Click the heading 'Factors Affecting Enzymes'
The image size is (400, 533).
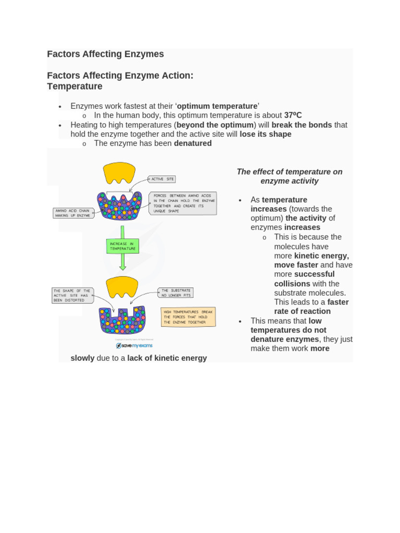point(105,54)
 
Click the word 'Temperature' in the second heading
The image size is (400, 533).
point(74,86)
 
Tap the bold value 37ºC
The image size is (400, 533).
point(293,116)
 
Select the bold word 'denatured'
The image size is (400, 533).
point(192,143)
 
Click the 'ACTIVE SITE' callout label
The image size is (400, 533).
point(161,179)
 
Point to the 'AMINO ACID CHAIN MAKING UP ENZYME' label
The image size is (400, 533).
point(73,213)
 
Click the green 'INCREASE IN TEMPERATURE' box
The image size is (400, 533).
point(122,246)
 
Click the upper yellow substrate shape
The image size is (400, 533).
point(119,172)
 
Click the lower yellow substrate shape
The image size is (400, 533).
point(122,286)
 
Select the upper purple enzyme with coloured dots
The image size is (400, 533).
point(119,206)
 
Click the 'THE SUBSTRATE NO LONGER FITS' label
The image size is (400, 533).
point(176,293)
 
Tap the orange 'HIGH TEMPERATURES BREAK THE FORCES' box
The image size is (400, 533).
point(188,317)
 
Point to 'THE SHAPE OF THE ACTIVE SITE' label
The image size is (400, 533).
point(72,296)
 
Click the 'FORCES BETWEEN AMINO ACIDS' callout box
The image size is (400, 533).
point(182,203)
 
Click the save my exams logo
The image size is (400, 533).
point(134,346)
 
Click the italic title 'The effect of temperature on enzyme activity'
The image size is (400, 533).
point(290,176)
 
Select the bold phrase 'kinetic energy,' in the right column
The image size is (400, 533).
point(321,256)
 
